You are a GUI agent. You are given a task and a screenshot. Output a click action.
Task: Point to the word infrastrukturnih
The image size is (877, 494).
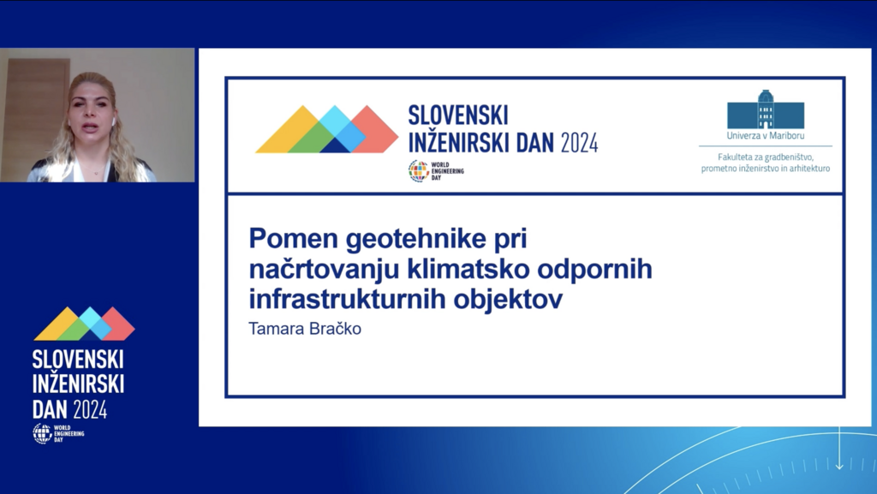click(x=347, y=299)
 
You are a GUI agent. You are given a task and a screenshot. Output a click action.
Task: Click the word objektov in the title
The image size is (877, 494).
click(x=508, y=300)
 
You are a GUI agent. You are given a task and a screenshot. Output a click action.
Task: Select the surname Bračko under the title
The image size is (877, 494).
click(x=335, y=329)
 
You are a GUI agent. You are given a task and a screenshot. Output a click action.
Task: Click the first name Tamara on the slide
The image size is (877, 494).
click(x=277, y=329)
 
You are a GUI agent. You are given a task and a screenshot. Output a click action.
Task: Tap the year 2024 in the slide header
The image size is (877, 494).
click(x=580, y=143)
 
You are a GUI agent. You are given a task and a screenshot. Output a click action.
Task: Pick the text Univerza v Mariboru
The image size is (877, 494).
click(x=765, y=136)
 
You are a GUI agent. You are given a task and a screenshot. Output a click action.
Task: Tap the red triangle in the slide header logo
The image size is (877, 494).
click(x=376, y=129)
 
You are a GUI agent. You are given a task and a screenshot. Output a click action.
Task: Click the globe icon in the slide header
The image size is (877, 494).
click(x=418, y=171)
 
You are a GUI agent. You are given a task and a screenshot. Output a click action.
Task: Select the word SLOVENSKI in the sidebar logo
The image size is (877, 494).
click(x=78, y=360)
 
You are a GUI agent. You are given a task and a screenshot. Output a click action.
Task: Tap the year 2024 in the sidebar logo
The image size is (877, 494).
click(x=90, y=410)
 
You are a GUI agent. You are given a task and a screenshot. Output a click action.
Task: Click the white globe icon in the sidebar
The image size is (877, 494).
click(x=42, y=434)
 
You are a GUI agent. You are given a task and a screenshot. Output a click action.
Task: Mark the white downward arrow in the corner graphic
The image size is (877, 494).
click(x=839, y=447)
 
